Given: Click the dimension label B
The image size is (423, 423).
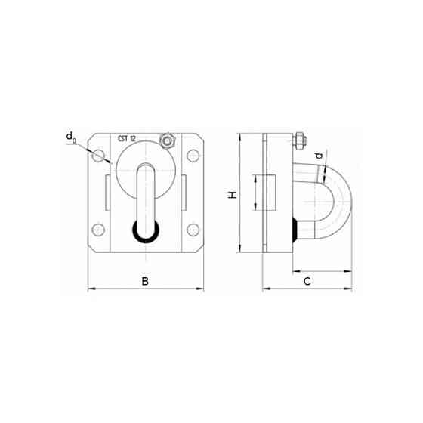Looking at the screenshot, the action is pos(145,281).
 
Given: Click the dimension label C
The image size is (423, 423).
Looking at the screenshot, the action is pos(307,281).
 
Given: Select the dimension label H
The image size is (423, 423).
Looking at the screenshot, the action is pos(233,195).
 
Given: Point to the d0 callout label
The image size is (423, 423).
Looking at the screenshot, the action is pos(71,137).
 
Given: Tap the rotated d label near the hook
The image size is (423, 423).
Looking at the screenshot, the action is pos(319,156).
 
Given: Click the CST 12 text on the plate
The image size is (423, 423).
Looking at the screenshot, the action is pos(127,139).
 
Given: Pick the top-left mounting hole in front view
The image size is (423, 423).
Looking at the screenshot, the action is pos(98,156).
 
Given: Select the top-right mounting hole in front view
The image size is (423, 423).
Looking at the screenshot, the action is pos(193,156).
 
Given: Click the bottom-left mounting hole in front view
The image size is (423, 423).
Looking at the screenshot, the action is pos(98,230).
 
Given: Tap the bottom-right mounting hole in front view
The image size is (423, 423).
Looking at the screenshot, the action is pos(193,230).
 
